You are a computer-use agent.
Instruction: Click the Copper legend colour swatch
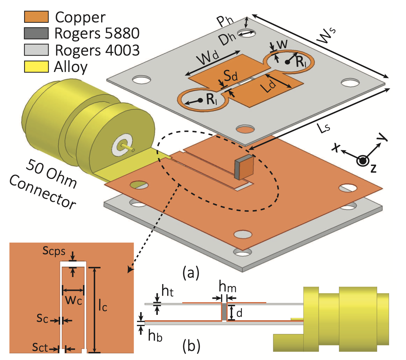click(x=36, y=17)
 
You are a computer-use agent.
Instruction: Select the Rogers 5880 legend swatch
click(x=36, y=33)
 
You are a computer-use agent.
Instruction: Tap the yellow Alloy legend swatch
click(x=36, y=66)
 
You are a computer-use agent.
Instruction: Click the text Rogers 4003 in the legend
click(x=97, y=50)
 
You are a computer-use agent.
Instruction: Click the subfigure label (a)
click(x=191, y=273)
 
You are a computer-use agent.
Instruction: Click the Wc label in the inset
click(x=73, y=300)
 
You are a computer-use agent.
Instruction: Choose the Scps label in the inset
click(x=54, y=251)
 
